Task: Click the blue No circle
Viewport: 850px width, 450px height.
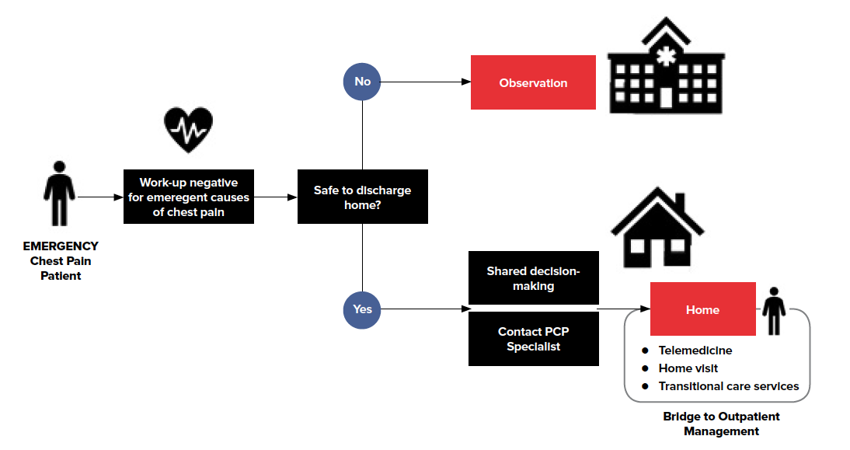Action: (362, 82)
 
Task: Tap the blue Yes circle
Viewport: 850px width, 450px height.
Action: (362, 309)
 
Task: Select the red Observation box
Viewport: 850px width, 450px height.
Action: (533, 82)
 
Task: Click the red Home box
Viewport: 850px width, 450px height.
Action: (702, 309)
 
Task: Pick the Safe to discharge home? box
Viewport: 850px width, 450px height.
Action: (362, 197)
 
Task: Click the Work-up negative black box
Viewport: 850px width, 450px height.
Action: (188, 197)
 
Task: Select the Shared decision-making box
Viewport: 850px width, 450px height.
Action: (533, 277)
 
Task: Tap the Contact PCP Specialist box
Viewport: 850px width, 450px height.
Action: (533, 339)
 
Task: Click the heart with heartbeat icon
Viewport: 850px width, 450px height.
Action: (188, 130)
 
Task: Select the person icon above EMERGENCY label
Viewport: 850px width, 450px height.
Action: (60, 194)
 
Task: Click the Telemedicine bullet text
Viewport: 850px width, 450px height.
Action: (695, 351)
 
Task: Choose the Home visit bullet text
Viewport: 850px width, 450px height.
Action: (688, 368)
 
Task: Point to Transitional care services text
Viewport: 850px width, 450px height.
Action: (728, 386)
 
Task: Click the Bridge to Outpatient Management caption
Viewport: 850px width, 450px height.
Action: (720, 424)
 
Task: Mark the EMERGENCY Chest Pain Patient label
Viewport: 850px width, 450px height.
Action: (61, 260)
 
